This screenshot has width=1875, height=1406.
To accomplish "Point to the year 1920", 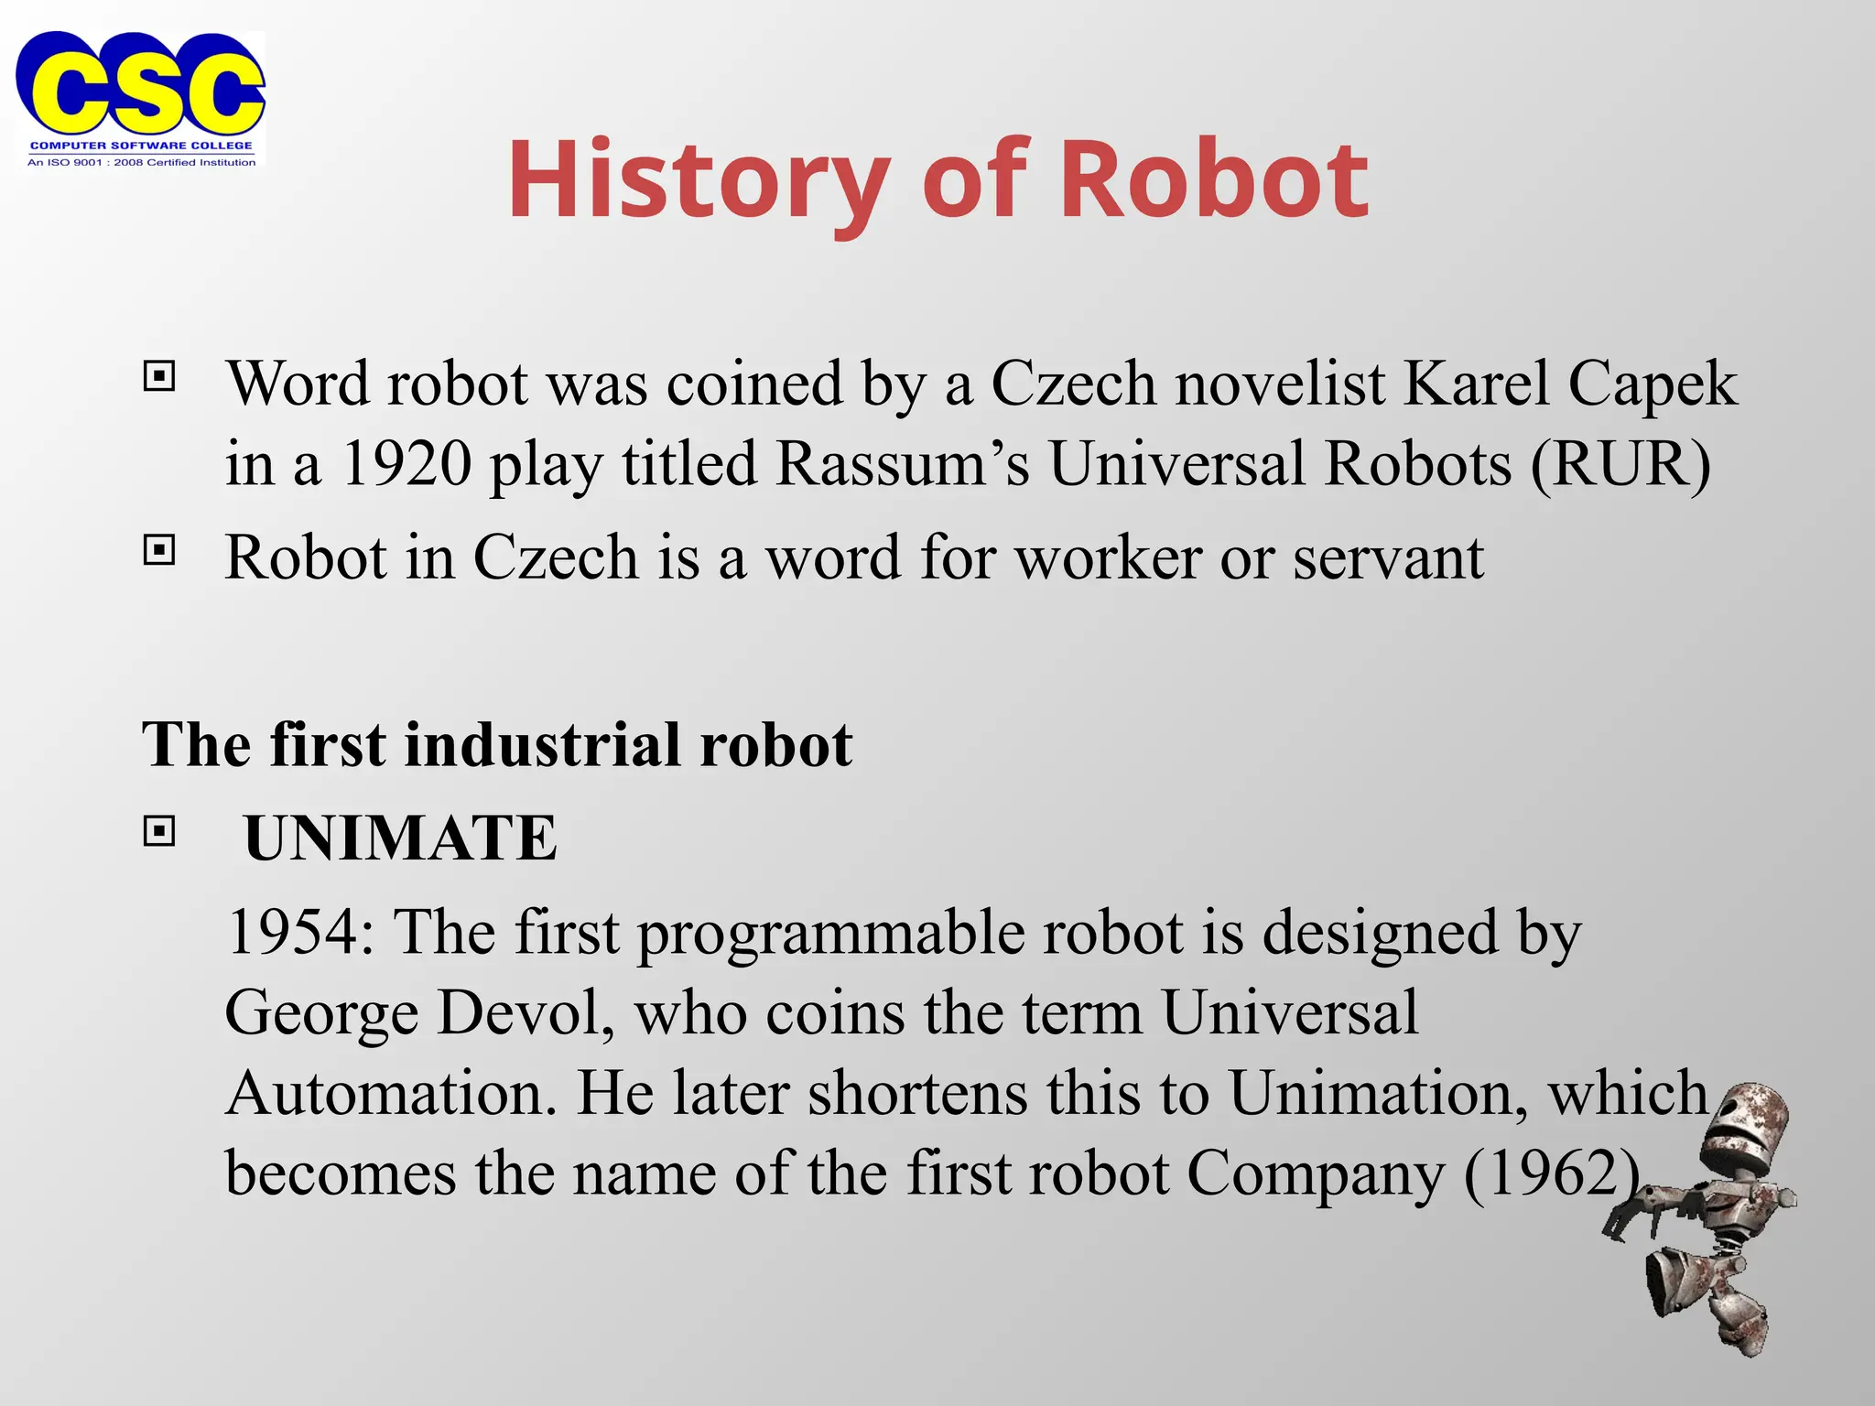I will tap(406, 463).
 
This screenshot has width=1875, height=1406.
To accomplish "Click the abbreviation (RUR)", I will tap(1620, 463).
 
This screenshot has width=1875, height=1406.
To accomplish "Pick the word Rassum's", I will tap(903, 463).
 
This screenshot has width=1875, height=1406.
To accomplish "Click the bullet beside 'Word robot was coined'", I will tap(159, 376).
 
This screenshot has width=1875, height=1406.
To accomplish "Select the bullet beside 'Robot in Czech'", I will tap(159, 550).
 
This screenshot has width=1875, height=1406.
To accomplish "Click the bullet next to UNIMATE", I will tap(159, 831).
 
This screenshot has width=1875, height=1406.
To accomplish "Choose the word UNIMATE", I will tap(400, 838).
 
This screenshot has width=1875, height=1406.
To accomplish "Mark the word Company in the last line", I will tap(1316, 1173).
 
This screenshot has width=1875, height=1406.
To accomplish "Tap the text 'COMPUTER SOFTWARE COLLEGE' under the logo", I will tap(141, 146).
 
